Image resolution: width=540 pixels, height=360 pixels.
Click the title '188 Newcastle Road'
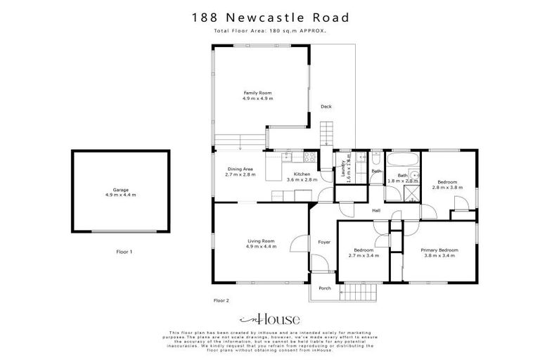(x=270, y=17)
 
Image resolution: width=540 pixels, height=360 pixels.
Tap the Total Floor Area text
(x=270, y=32)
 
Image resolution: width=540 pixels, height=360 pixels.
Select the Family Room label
(x=258, y=96)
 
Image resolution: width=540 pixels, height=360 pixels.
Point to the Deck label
(x=326, y=107)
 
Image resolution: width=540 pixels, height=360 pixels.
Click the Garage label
(x=120, y=192)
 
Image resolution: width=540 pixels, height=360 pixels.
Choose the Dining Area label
(x=240, y=171)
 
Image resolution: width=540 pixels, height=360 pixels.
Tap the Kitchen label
(x=302, y=176)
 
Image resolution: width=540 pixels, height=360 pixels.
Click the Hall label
(x=376, y=210)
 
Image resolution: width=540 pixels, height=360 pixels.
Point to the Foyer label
(x=324, y=243)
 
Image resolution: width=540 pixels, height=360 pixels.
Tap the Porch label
(x=325, y=288)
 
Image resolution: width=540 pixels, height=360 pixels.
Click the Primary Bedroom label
(x=439, y=252)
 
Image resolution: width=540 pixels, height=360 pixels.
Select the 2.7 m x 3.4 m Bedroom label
(x=364, y=252)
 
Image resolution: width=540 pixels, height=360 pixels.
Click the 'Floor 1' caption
(x=124, y=251)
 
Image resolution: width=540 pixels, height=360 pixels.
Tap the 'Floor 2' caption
(x=221, y=300)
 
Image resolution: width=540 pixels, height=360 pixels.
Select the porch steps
(x=361, y=291)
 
